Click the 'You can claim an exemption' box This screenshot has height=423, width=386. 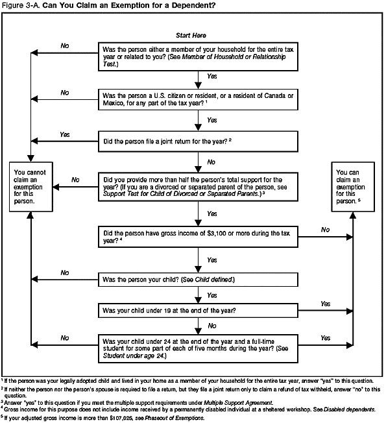click(x=352, y=187)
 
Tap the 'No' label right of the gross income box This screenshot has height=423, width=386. click(x=324, y=229)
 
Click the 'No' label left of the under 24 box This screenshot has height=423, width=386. click(x=64, y=338)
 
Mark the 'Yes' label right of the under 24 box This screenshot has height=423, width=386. click(x=324, y=338)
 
